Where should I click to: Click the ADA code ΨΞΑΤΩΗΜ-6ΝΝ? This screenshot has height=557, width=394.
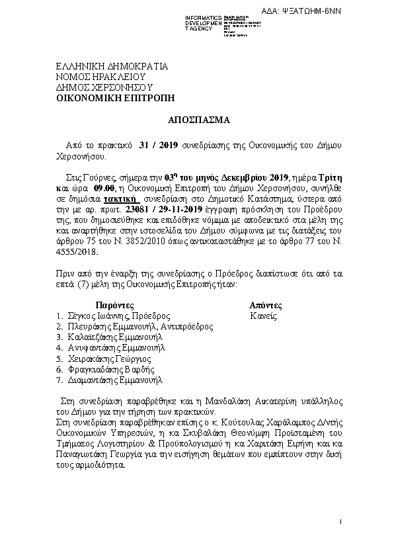[360, 12]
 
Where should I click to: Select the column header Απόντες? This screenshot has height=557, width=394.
[265, 306]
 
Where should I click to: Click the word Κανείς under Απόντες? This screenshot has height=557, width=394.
[263, 316]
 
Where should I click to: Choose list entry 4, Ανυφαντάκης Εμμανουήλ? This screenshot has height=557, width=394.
[115, 347]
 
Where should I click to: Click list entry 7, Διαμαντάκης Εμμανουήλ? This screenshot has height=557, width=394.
[114, 380]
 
